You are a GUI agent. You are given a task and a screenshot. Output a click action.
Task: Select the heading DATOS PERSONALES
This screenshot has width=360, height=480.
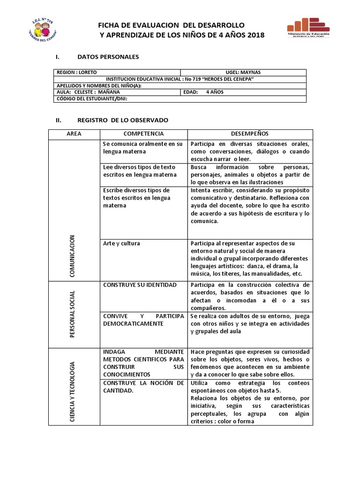(x=108, y=57)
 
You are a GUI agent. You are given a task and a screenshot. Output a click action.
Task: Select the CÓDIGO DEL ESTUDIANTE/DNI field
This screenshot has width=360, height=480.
(x=92, y=99)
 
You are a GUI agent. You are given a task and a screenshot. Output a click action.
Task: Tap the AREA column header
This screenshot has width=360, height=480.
(x=74, y=134)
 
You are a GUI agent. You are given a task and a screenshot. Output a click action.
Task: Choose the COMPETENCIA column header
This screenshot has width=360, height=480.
(x=143, y=134)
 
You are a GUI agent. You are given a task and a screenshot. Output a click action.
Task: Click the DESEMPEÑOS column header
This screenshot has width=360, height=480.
(x=250, y=134)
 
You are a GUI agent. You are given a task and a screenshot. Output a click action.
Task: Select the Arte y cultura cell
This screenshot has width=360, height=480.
(x=121, y=244)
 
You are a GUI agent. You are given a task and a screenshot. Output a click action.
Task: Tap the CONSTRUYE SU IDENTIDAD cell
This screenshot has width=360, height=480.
(x=140, y=285)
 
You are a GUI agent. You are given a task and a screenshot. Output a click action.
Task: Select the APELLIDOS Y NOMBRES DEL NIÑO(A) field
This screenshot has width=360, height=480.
(x=99, y=86)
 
